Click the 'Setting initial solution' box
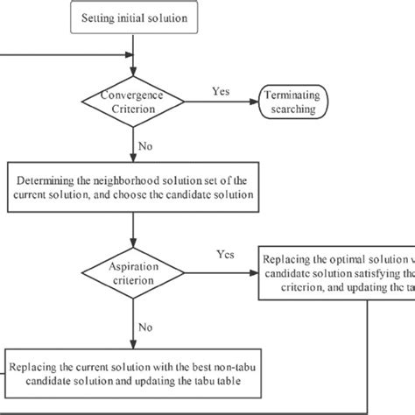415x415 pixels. (x=132, y=18)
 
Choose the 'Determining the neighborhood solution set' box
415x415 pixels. (x=132, y=186)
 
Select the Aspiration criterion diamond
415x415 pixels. (x=132, y=273)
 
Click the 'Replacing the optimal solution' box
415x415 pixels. (x=338, y=273)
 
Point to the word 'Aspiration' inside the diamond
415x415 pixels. (x=132, y=265)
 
